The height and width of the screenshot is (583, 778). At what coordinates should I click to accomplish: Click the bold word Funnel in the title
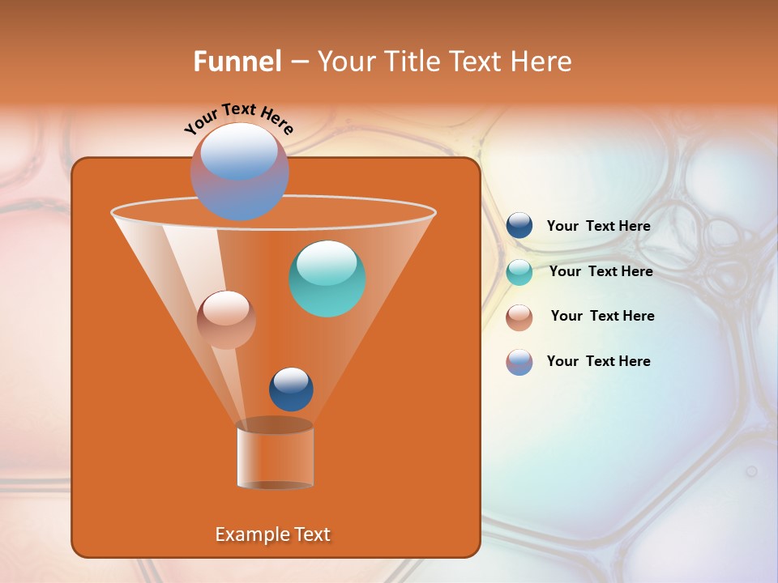point(237,62)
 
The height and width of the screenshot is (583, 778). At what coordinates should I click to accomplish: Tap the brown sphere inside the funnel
point(226,320)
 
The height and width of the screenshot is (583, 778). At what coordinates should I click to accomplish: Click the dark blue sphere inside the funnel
point(291,389)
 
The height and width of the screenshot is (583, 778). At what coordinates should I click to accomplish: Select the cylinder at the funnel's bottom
point(275,455)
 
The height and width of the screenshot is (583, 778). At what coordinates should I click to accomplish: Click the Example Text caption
point(273,534)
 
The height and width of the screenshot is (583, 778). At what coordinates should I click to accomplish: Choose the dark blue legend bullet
point(519,226)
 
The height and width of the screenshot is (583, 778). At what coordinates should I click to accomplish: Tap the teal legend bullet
point(519,272)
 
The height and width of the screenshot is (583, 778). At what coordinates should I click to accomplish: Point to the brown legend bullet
point(519,317)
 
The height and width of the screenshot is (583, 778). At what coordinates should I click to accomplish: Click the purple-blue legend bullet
point(519,362)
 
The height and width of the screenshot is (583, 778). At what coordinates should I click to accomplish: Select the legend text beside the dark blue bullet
point(598,227)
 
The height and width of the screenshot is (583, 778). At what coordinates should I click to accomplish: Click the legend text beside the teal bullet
point(601,272)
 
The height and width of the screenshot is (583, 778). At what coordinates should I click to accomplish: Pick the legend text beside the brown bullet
point(602,317)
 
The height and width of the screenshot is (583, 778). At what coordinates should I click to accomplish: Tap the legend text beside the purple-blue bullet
point(598,362)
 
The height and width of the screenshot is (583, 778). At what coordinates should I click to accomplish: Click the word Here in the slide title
point(542,62)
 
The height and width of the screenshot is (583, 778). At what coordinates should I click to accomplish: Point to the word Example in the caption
point(245,534)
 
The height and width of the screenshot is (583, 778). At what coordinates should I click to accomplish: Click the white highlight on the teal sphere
point(327,262)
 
